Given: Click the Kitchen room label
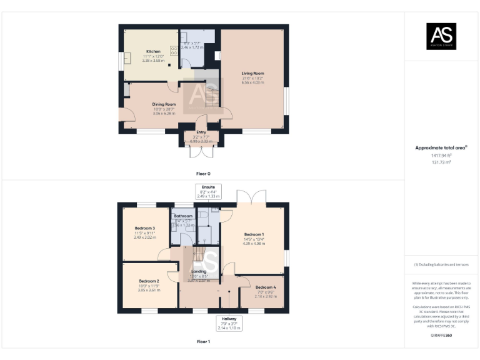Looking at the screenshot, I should (153, 51).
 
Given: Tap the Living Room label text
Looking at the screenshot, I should (253, 73).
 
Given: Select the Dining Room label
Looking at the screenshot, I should (164, 104).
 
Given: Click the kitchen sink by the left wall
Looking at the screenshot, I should (127, 58).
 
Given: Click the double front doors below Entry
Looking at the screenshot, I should (201, 151).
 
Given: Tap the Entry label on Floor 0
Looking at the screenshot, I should (201, 132).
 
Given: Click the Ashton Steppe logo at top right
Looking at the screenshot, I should (441, 36).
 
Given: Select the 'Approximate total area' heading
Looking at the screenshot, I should (441, 148).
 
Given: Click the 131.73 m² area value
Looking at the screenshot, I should (441, 162).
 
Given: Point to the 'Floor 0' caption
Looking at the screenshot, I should (203, 172).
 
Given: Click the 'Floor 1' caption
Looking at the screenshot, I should (203, 342).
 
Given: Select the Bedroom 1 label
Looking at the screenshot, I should (254, 234).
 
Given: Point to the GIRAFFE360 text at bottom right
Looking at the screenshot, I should (441, 336).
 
